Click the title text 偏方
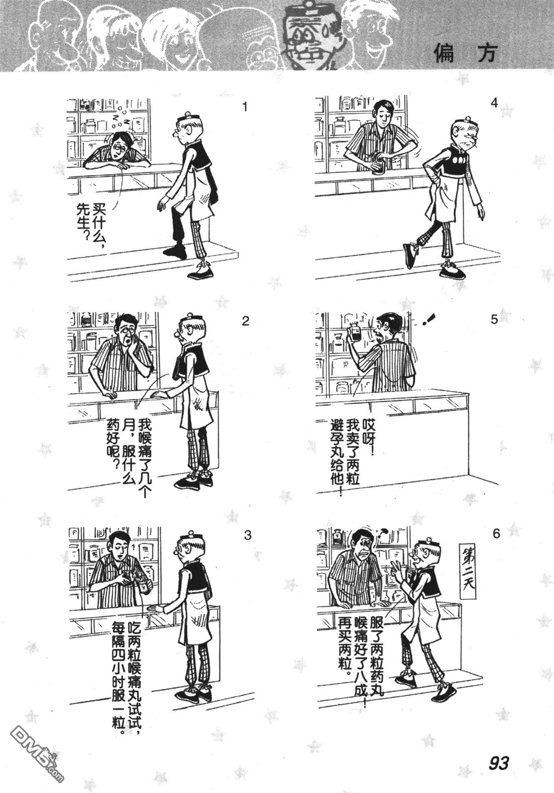466,54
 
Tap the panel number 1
244,107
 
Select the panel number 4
495,104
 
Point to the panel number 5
494,320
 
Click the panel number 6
496,533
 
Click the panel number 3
248,535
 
